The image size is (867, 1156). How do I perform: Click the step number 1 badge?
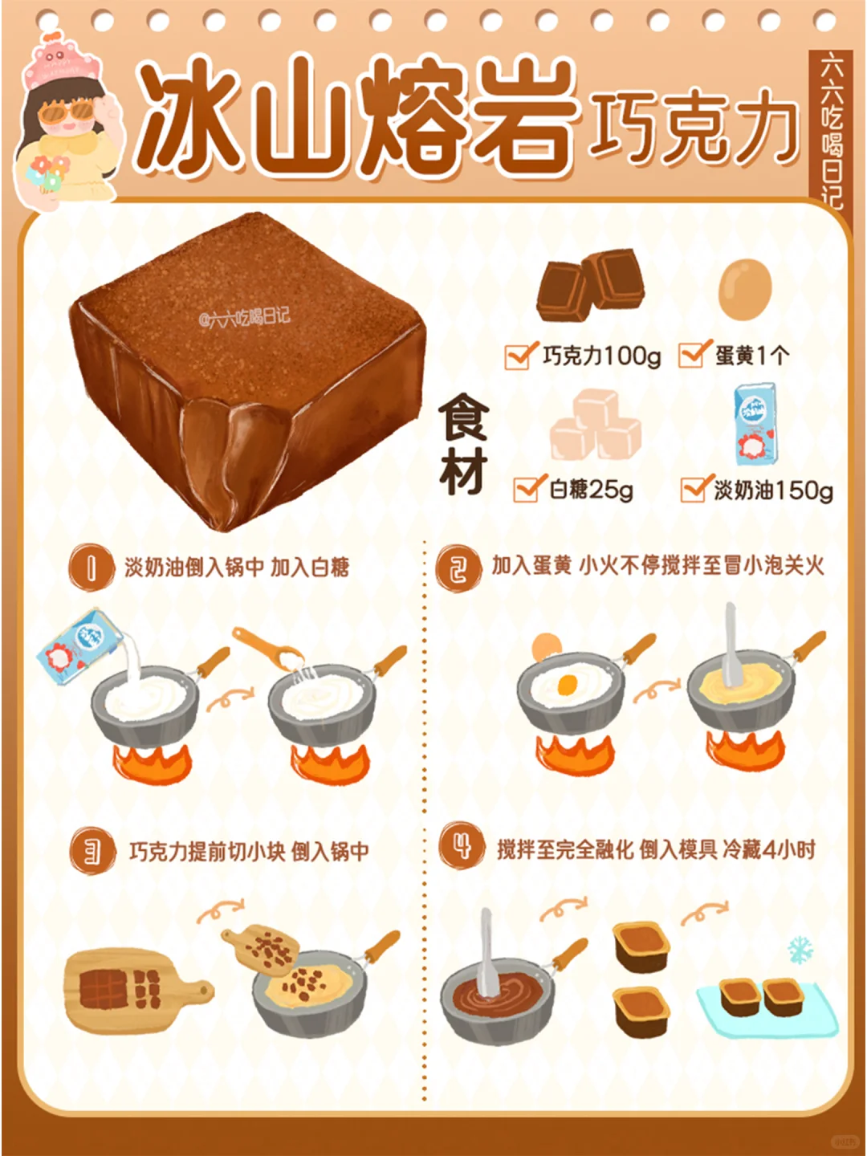click(x=90, y=568)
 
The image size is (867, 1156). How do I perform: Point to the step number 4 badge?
click(x=462, y=847)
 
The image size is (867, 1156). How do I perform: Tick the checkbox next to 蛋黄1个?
click(x=694, y=354)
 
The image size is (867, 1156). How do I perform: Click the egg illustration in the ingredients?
click(x=745, y=288)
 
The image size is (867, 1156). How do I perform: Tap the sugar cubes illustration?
click(x=595, y=425)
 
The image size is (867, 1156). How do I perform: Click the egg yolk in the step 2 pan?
click(x=567, y=685)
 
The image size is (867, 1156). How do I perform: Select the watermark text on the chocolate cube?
click(x=244, y=317)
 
